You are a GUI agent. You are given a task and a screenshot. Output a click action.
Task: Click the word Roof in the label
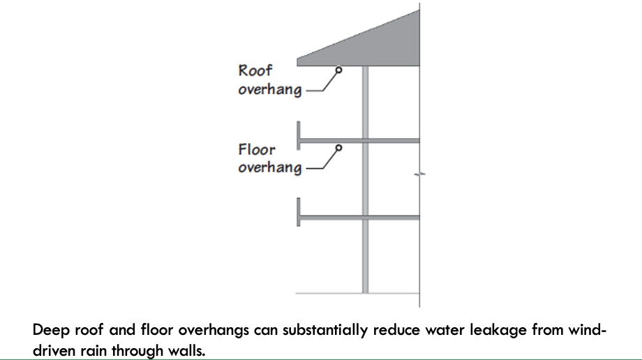(x=255, y=70)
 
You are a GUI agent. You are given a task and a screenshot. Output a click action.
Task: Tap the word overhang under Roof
(x=269, y=90)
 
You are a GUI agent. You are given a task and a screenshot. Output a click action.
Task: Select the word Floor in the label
(x=257, y=149)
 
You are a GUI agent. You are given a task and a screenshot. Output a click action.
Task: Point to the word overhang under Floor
(x=269, y=168)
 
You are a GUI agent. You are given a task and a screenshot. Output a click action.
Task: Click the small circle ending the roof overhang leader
(x=338, y=70)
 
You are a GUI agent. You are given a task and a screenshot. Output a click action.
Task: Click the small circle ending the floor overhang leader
(x=338, y=148)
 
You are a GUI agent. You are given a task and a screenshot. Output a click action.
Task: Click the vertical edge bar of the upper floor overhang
(x=299, y=134)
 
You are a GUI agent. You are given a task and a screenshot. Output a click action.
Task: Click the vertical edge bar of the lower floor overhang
(x=299, y=211)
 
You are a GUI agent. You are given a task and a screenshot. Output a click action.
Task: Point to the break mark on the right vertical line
(x=419, y=174)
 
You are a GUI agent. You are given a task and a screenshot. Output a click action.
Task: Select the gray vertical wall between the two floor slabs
(x=365, y=179)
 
